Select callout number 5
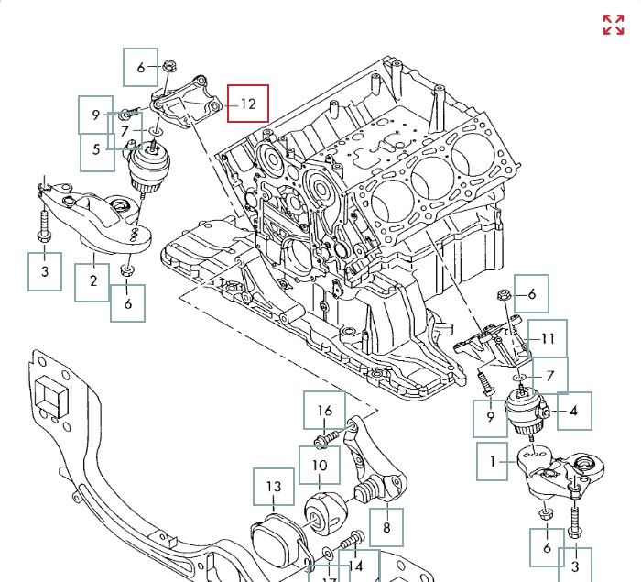tap(97, 150)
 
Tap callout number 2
tap(92, 281)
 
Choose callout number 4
tap(574, 412)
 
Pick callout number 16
tap(325, 411)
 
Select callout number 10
tap(319, 465)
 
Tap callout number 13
tap(274, 487)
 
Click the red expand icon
tap(613, 25)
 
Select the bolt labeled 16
tap(323, 442)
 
